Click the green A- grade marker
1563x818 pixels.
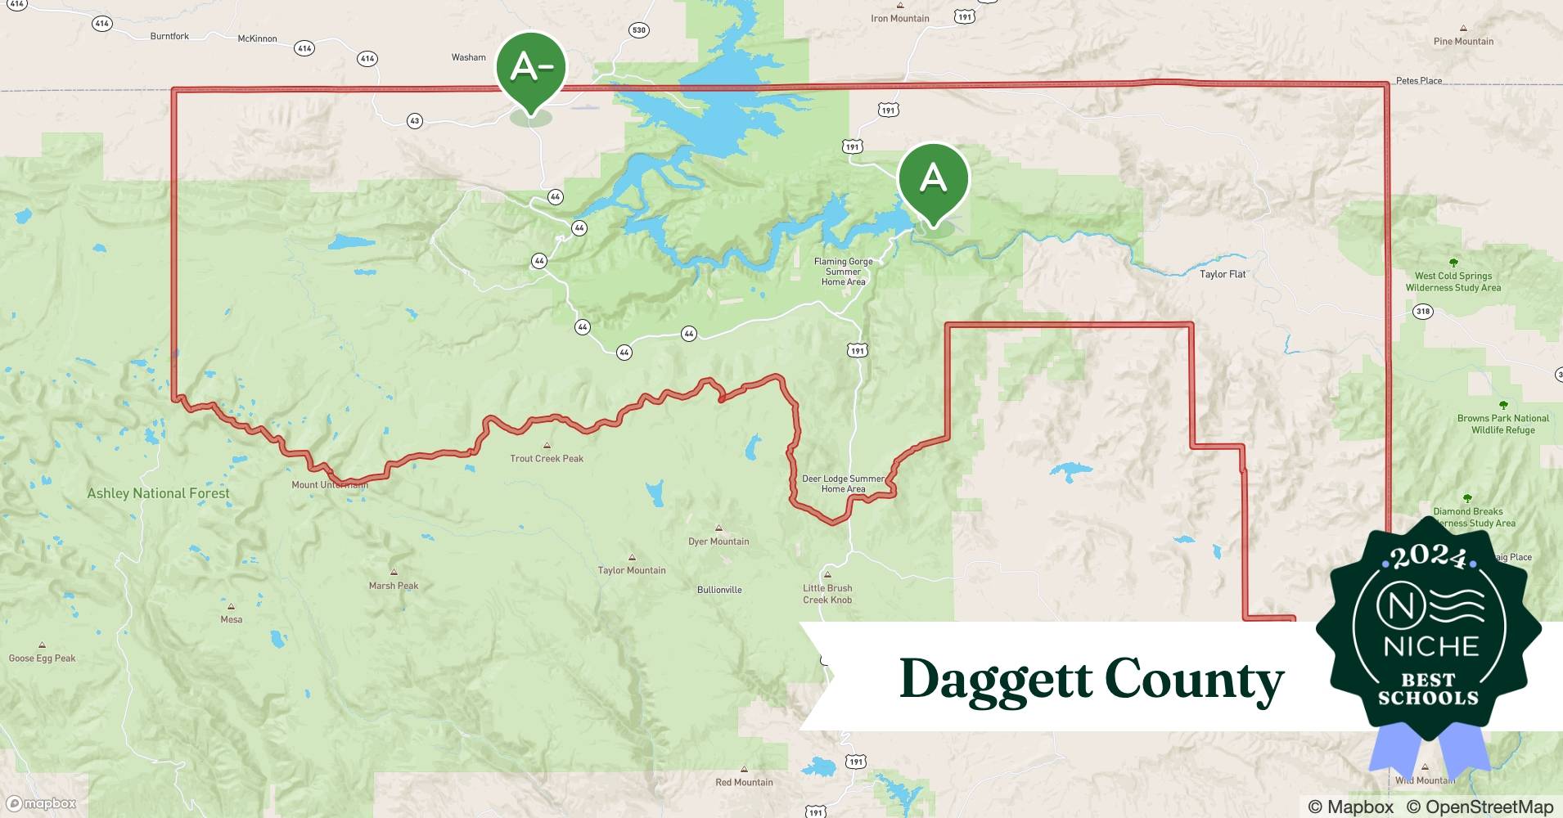531,68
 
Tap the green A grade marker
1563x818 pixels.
933,178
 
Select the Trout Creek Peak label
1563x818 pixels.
547,459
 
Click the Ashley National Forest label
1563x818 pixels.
158,493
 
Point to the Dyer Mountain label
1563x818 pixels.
718,542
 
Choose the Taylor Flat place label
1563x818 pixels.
1223,274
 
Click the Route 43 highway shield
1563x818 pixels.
415,121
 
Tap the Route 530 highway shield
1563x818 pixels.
638,30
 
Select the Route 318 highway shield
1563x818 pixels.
1423,311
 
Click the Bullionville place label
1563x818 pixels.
719,590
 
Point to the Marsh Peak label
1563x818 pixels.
393,586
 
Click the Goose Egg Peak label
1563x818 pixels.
42,658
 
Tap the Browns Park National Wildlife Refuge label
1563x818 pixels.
1502,424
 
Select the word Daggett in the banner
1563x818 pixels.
995,680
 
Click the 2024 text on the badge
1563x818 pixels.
1429,556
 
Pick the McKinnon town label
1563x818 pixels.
257,38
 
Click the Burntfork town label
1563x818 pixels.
169,36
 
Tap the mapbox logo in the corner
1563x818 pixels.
42,803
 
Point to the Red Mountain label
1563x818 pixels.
744,782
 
